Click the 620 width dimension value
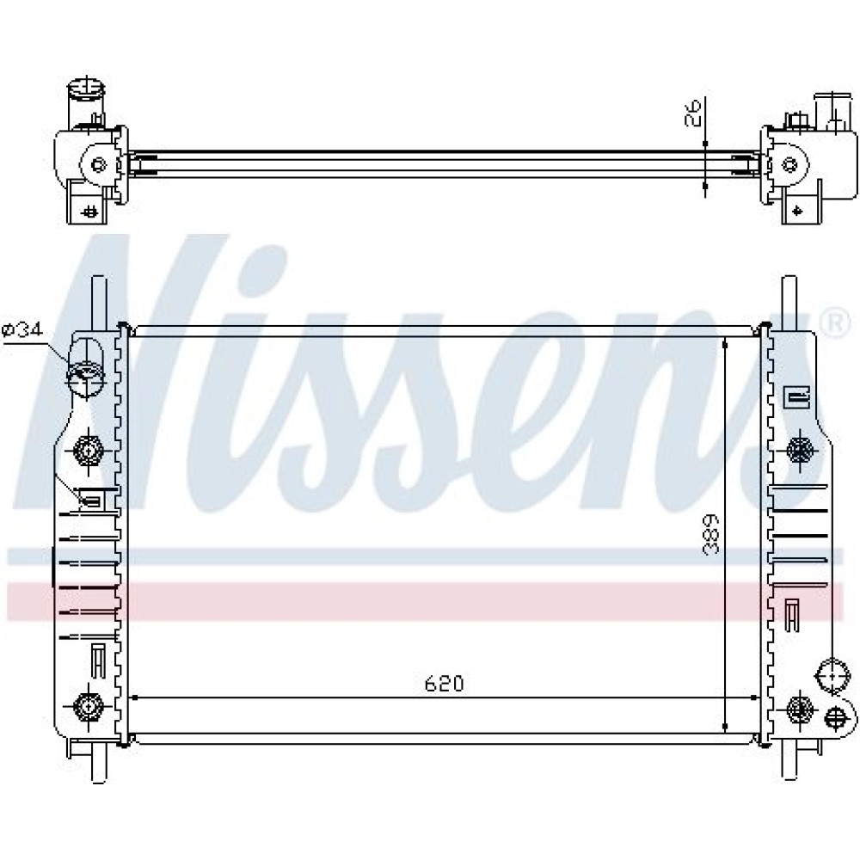point(444,684)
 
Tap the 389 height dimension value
point(711,534)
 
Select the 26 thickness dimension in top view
point(694,113)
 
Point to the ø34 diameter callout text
point(22,330)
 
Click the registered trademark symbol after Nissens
point(835,323)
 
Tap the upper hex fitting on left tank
point(87,451)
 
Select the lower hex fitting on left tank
point(86,706)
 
